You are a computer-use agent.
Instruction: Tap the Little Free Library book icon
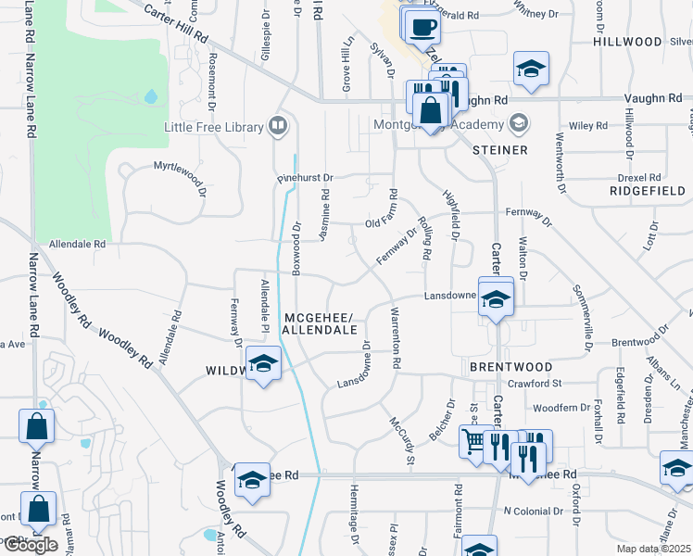[276, 124]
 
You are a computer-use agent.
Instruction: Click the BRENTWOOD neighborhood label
[504, 366]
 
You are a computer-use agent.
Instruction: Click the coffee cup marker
[422, 27]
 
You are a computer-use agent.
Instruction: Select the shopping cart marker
[475, 442]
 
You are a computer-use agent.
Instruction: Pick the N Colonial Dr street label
[533, 511]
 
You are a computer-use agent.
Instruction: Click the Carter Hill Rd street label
[177, 25]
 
